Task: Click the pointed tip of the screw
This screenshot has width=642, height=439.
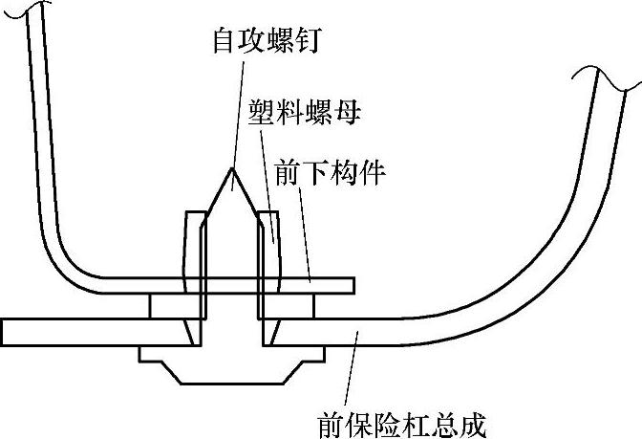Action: (x=229, y=172)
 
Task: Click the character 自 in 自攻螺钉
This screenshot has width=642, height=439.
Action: (x=224, y=41)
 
